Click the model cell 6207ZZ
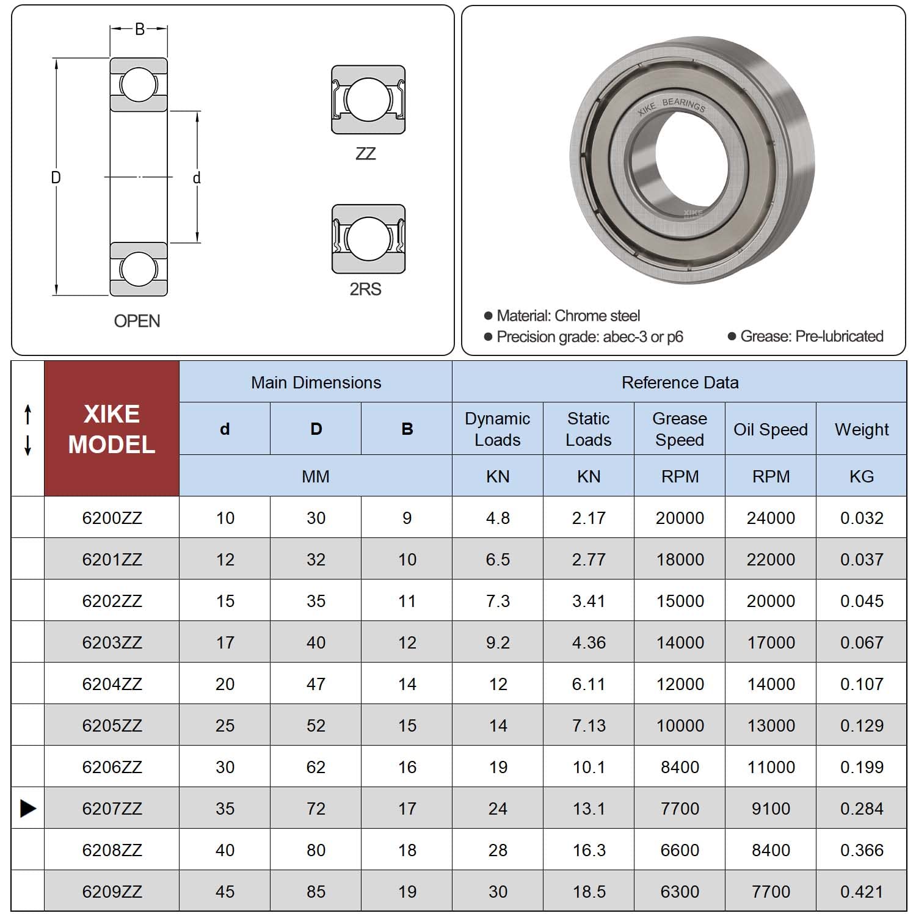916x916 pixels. tap(112, 809)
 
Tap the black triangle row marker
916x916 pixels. tap(28, 808)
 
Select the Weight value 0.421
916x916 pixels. tap(862, 892)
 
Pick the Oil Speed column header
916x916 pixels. tap(771, 429)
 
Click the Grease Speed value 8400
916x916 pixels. tap(680, 767)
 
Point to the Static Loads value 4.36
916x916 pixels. tap(589, 642)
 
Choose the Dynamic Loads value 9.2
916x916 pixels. tap(498, 642)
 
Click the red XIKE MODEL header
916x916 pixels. tap(112, 429)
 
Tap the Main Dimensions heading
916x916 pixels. tap(316, 382)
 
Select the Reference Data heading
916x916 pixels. tap(680, 382)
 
